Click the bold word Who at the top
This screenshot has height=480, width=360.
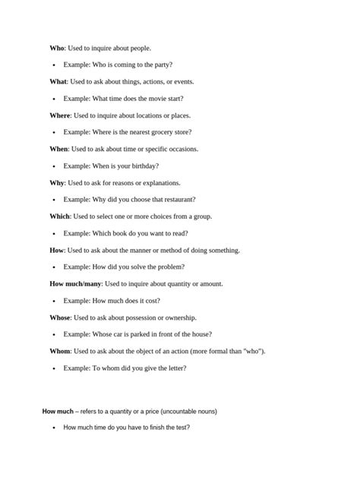coord(57,48)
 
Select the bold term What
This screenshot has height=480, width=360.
coord(58,81)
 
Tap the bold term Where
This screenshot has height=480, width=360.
coord(60,115)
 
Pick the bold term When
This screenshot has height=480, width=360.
coord(58,149)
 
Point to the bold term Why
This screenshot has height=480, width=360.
coord(57,183)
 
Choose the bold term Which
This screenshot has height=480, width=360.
coord(60,216)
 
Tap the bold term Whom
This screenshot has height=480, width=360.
coord(60,352)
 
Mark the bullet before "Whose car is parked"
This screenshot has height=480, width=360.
coord(54,335)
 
